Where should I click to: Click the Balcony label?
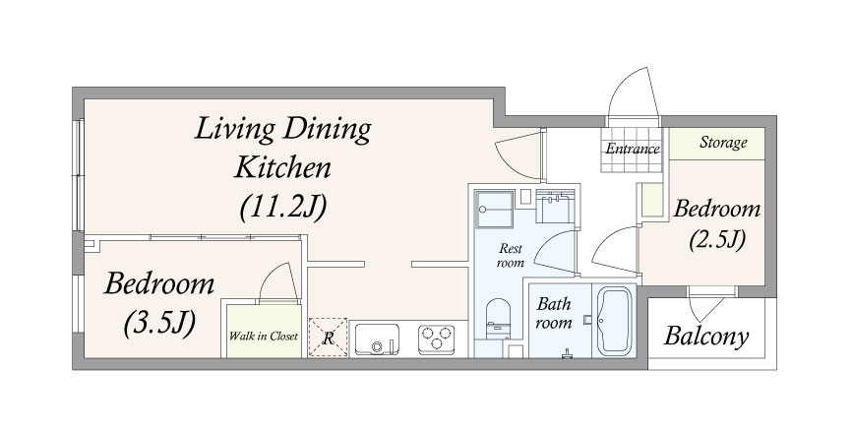point(706,337)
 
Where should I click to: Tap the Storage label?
point(723,143)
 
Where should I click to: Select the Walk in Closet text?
point(264,336)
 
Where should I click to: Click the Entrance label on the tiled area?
point(633,149)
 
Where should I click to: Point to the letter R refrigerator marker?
point(328,339)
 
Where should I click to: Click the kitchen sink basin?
point(377,339)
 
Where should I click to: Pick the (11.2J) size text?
point(283,208)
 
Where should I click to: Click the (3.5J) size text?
point(159,324)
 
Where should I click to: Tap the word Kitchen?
point(282,167)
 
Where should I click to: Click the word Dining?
point(328,132)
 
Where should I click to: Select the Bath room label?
point(554,313)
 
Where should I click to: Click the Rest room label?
point(511,256)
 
